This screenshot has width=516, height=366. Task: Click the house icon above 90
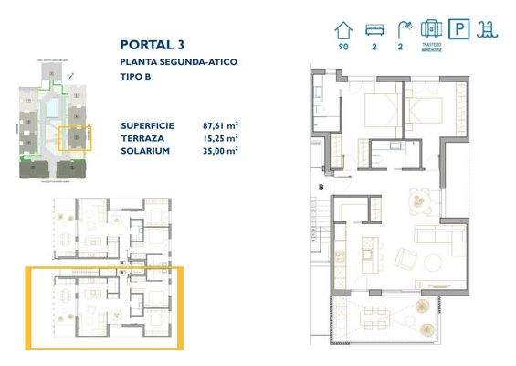[343, 29]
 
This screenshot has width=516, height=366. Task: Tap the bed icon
[373, 29]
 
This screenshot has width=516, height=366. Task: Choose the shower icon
[402, 29]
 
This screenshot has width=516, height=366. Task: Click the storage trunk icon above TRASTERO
[432, 28]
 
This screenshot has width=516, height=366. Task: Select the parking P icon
[462, 29]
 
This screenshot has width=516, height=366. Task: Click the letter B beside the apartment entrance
[321, 188]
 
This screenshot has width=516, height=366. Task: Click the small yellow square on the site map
[73, 137]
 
